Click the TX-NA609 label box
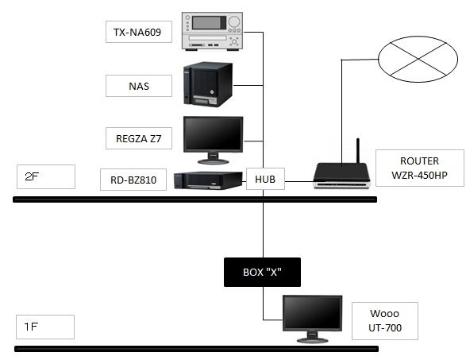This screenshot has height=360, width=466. pos(139,32)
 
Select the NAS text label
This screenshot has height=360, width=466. pos(139,85)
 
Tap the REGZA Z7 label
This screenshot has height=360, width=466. pos(139,137)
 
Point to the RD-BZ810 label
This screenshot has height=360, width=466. pos(133,181)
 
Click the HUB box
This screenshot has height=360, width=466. pos(264,180)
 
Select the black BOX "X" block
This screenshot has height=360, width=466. pos(263,273)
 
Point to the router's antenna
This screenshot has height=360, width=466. pos(357,151)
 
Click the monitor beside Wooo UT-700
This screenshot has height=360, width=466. pos(312,318)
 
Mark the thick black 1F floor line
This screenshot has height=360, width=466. pos(194,348)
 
